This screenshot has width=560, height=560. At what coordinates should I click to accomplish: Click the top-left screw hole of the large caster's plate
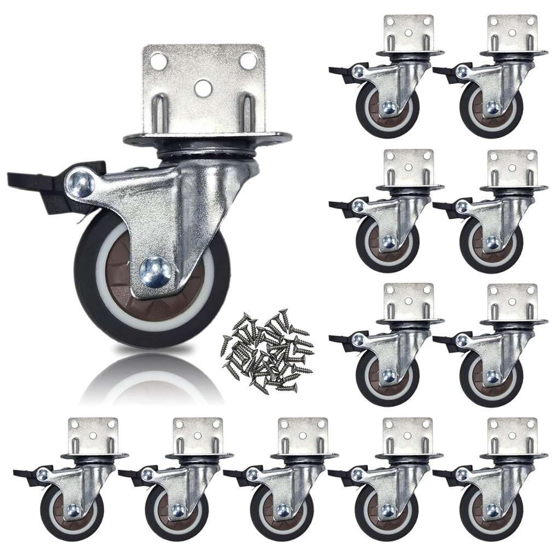point(159,60)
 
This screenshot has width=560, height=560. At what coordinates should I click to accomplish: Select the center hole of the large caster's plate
point(203,86)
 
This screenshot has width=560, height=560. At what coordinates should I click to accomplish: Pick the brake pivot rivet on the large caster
point(80,182)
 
